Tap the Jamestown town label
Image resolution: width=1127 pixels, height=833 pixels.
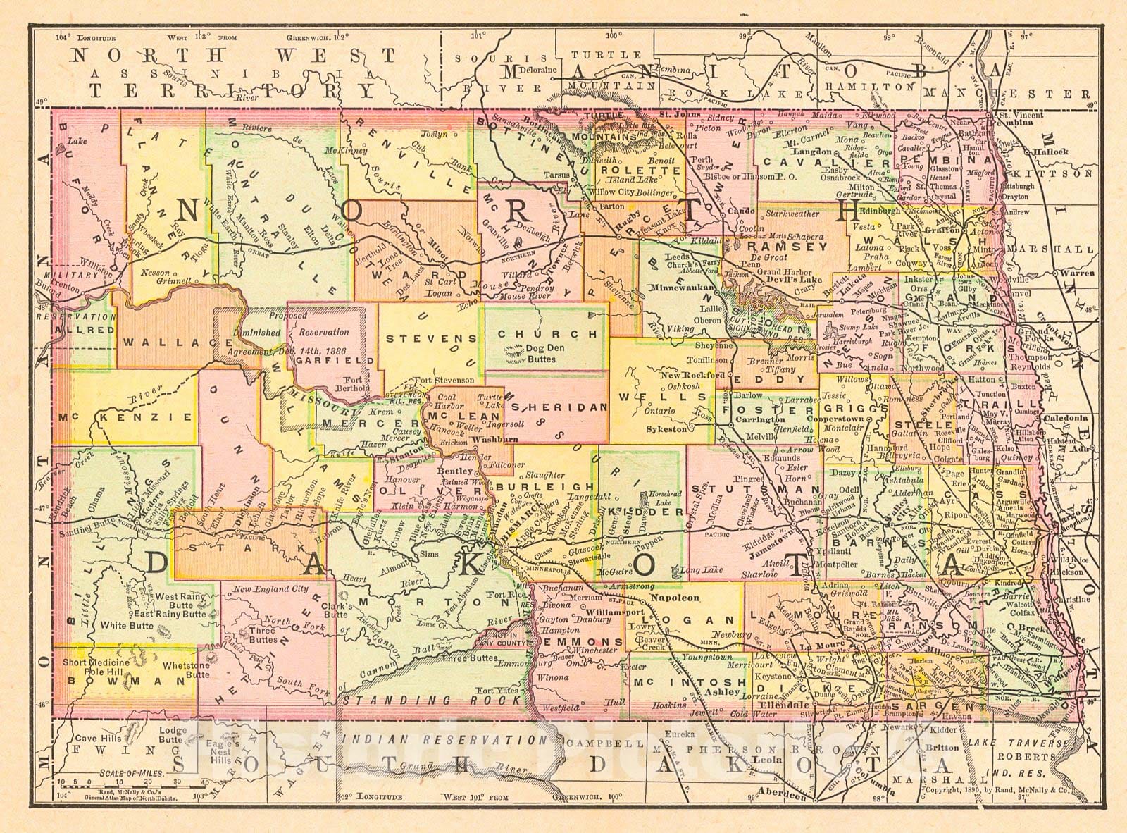pos(767,547)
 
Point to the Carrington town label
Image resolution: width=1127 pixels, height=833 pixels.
pos(760,419)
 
